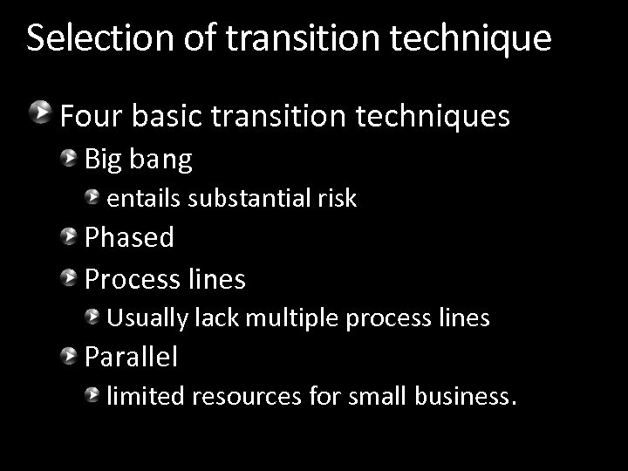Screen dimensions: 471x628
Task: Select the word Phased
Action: (x=129, y=236)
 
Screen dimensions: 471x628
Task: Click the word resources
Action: (x=248, y=398)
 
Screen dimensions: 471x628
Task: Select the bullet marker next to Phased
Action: (x=69, y=235)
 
